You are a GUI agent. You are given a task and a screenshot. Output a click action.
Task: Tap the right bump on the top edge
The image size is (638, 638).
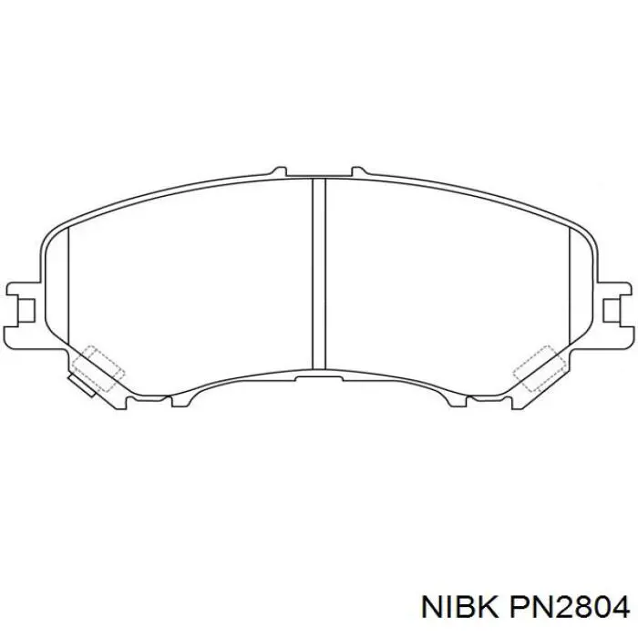pyautogui.click(x=358, y=170)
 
